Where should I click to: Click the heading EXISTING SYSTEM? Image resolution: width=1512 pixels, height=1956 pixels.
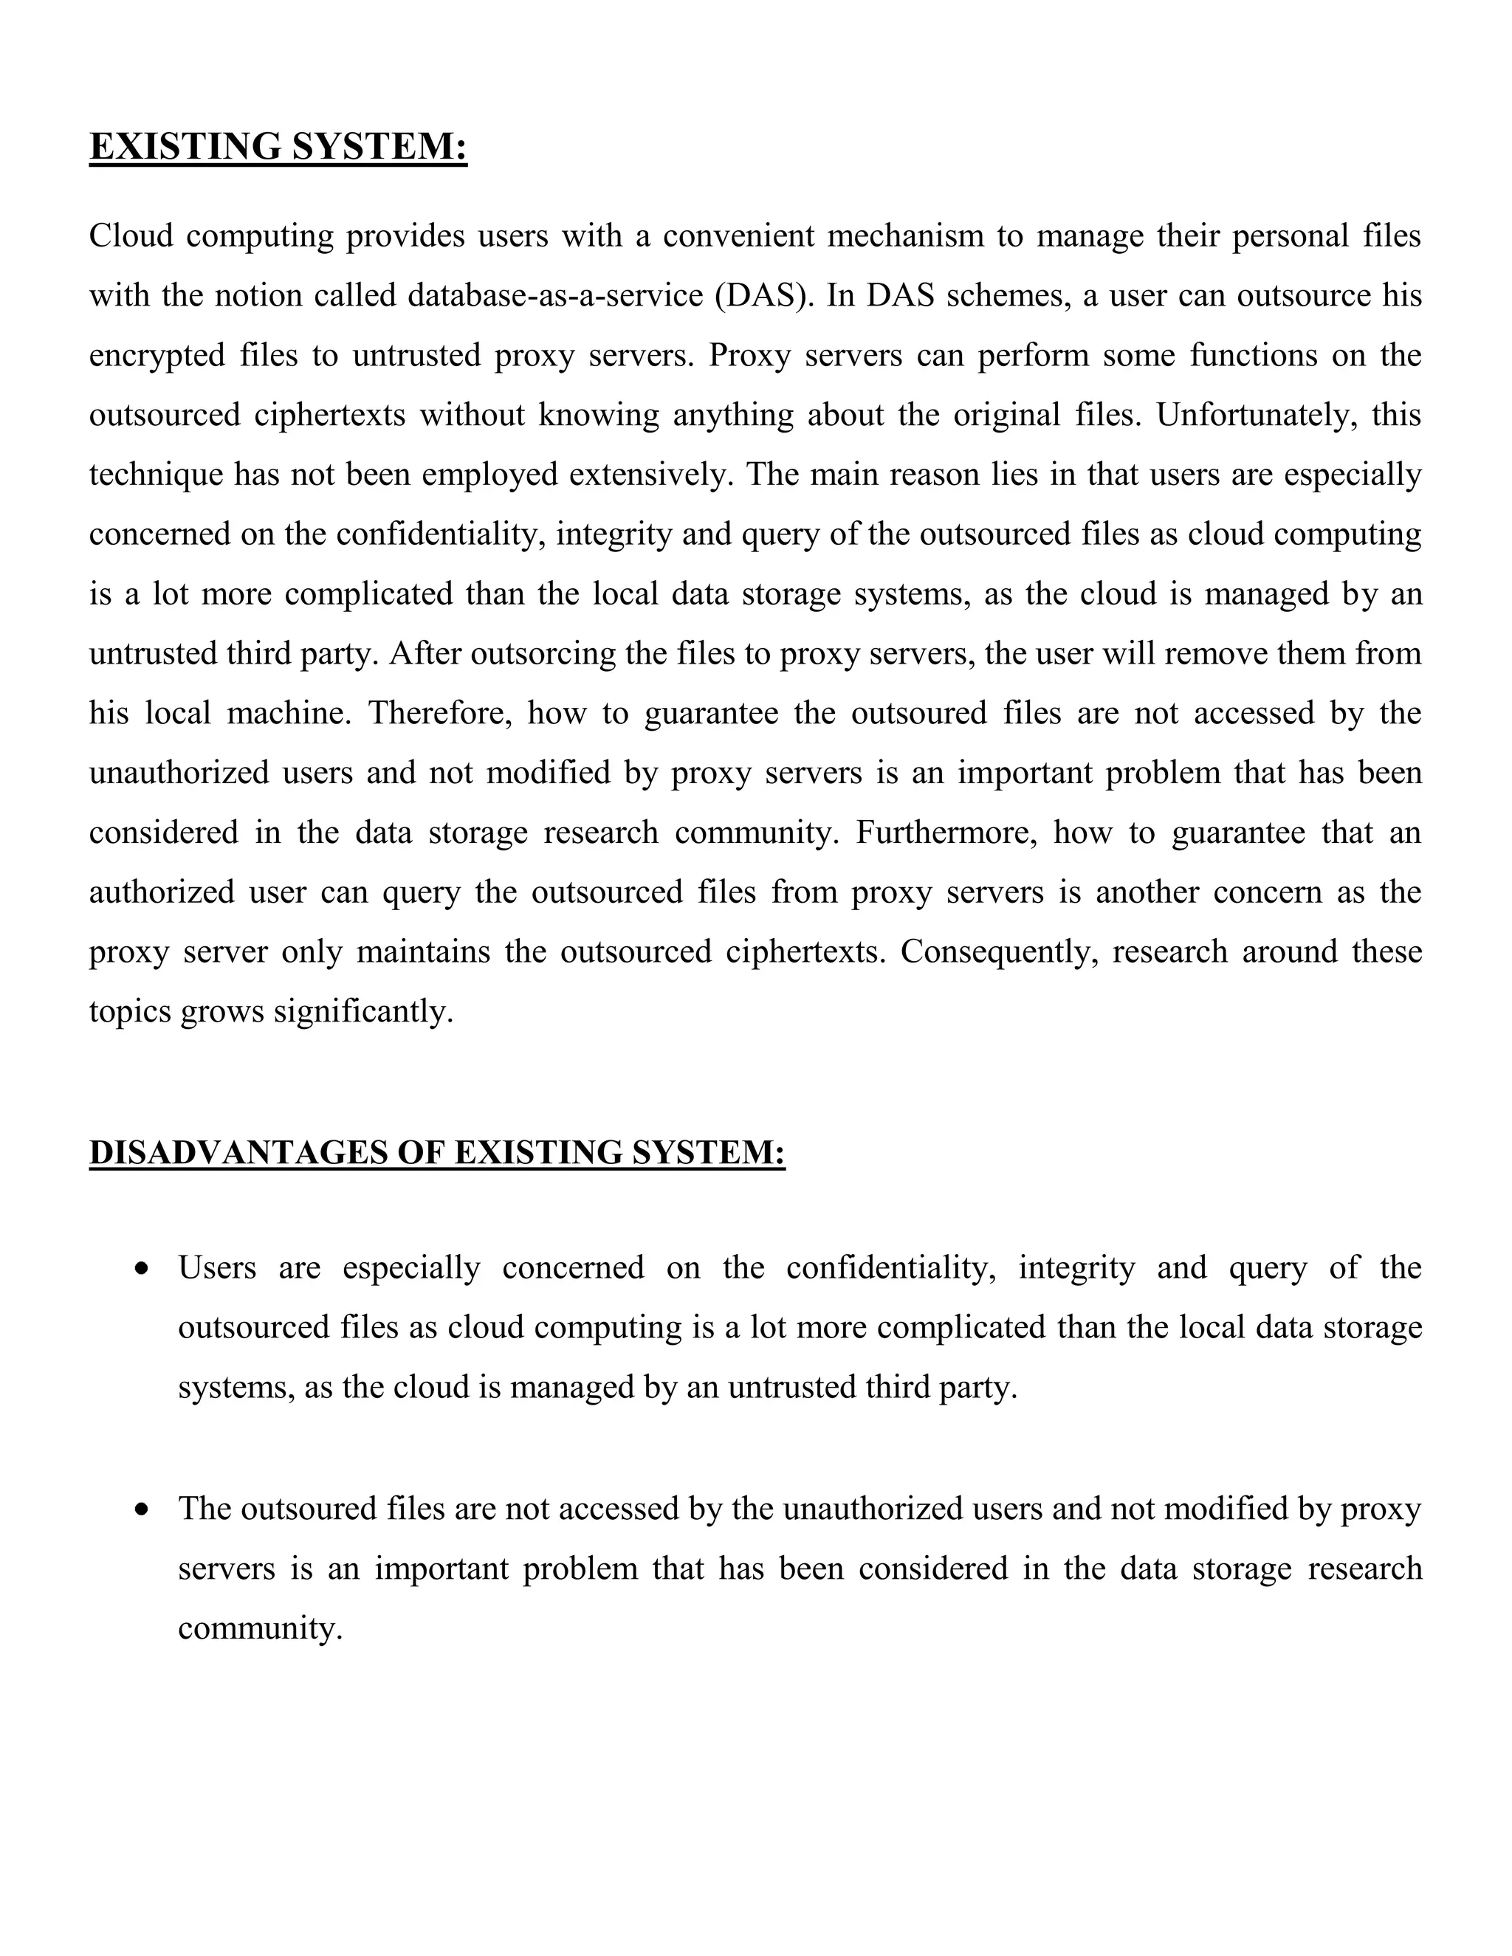[278, 147]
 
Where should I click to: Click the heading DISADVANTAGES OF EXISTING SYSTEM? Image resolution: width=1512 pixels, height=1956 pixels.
[437, 1153]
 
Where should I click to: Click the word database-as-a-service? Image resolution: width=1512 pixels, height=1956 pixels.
[554, 295]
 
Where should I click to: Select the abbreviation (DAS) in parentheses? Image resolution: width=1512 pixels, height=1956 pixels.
[764, 295]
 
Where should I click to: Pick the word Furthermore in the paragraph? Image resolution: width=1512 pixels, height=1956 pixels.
[946, 832]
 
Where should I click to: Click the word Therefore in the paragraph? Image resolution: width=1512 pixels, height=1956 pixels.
[440, 713]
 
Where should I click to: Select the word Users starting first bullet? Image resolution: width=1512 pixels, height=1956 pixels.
[217, 1268]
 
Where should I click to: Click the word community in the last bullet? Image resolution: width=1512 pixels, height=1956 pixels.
[260, 1628]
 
